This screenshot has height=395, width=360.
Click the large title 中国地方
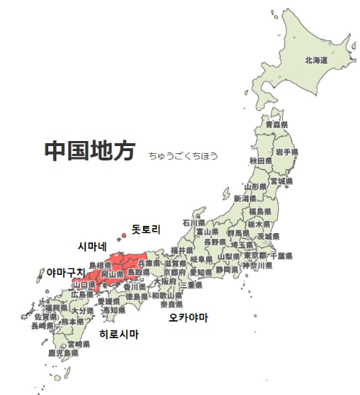pos(89,150)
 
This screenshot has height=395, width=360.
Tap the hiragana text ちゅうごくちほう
pos(183,155)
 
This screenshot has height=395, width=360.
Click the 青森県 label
pos(276,124)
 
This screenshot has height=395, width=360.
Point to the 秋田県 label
pos(260,160)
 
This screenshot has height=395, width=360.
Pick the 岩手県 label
pos(286,153)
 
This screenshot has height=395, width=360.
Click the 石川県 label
pos(194,223)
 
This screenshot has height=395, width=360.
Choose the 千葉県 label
pos(280,255)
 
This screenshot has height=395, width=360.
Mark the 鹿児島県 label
pos(63,353)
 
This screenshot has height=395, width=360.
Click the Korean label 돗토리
pos(145,230)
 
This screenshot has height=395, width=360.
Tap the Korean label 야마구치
pos(65,273)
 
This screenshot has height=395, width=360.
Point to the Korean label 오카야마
pos(188,317)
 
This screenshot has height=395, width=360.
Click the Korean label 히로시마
pos(119,335)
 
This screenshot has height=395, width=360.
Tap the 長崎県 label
pos(42,325)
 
